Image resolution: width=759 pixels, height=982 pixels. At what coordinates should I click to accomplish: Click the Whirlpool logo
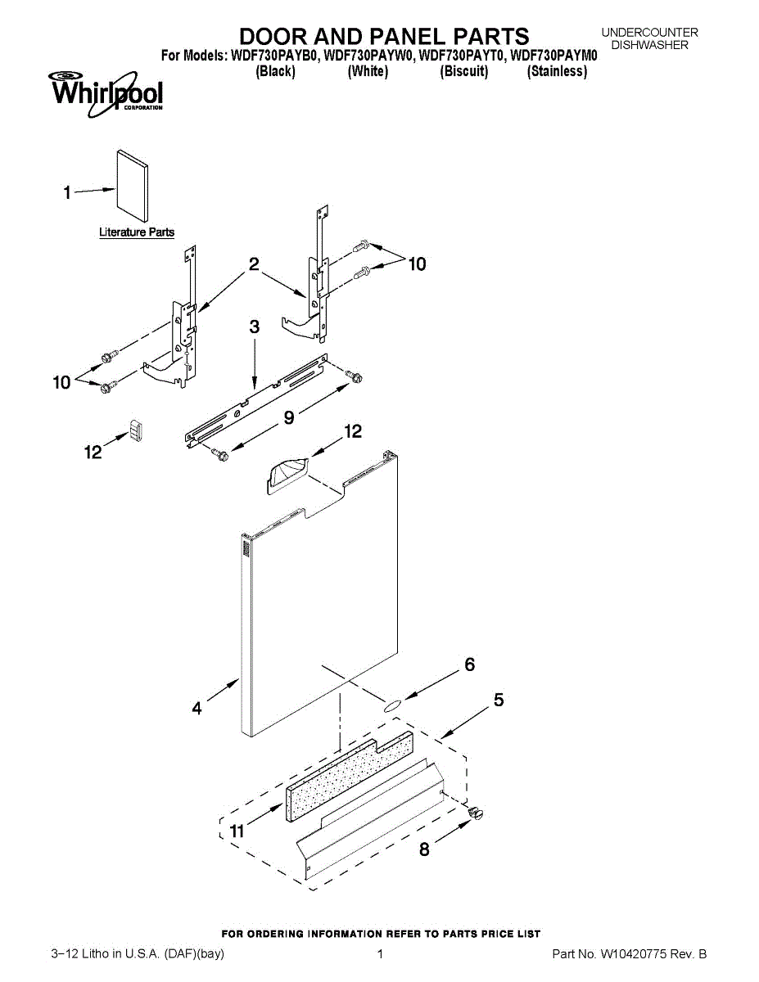click(106, 92)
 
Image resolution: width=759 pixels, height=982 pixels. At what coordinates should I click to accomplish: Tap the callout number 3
click(254, 327)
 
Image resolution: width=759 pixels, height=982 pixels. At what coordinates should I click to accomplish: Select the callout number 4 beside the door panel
click(197, 709)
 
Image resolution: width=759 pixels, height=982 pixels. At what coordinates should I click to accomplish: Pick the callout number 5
click(498, 700)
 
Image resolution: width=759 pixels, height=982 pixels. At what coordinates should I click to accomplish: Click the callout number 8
click(424, 849)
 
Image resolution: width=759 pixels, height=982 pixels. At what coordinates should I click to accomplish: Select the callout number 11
click(237, 831)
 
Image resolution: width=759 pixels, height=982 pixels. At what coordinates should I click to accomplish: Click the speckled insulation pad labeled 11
click(348, 773)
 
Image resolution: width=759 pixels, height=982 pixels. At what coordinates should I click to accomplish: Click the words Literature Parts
click(137, 232)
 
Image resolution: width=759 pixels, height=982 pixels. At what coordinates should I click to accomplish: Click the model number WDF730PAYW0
click(370, 56)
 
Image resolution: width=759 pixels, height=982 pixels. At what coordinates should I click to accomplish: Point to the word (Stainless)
click(557, 71)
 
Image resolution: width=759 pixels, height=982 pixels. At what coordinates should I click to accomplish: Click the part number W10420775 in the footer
click(639, 954)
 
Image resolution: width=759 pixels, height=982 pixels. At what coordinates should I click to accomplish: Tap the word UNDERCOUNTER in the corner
click(649, 33)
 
